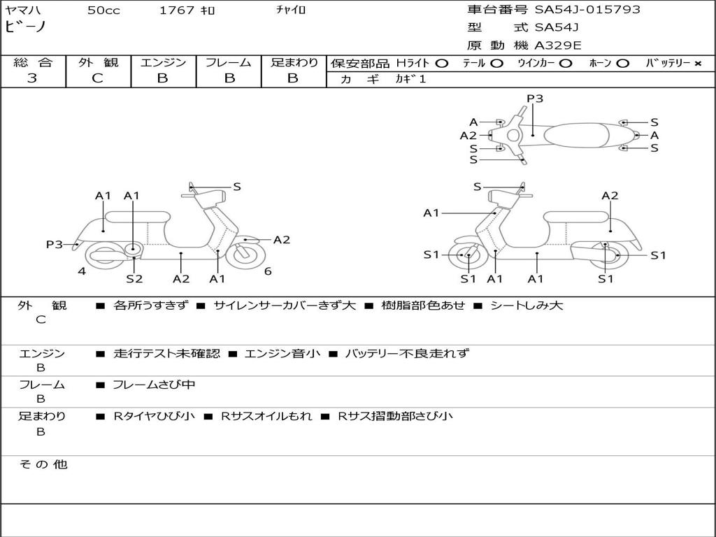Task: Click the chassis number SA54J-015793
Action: [587, 10]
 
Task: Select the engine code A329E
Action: [557, 45]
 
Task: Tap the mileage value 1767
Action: [177, 10]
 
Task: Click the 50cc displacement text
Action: [103, 10]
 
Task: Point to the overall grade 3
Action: [32, 78]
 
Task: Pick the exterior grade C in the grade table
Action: [97, 78]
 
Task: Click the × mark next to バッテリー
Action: [697, 64]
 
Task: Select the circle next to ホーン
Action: [622, 64]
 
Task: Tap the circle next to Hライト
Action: [442, 64]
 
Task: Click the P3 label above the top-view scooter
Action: [535, 99]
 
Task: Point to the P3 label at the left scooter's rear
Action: [54, 245]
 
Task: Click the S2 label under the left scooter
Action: [134, 278]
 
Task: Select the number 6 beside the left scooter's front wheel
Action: [268, 271]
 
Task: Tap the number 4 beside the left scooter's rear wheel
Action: [82, 271]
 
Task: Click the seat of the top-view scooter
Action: [576, 135]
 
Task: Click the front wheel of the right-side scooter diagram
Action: [466, 255]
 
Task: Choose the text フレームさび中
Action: [154, 385]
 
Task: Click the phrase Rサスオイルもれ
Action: [266, 416]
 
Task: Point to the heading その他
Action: [43, 464]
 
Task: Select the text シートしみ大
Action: [527, 306]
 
